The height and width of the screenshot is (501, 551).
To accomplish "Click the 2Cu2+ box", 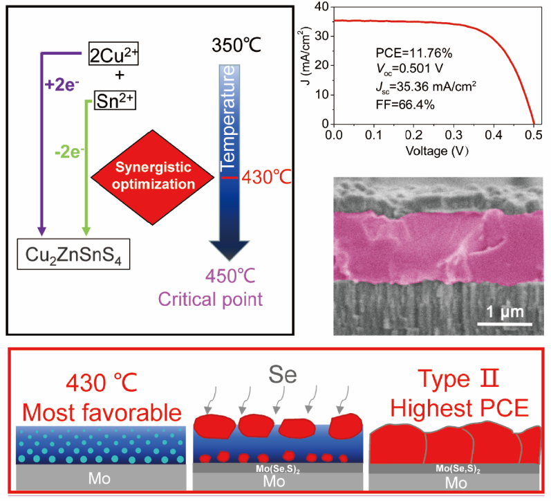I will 114,53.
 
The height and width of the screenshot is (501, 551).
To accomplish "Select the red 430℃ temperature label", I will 263,177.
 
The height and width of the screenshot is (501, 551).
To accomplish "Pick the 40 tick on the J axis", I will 322,6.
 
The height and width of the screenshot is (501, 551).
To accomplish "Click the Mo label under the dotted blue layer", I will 100,477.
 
